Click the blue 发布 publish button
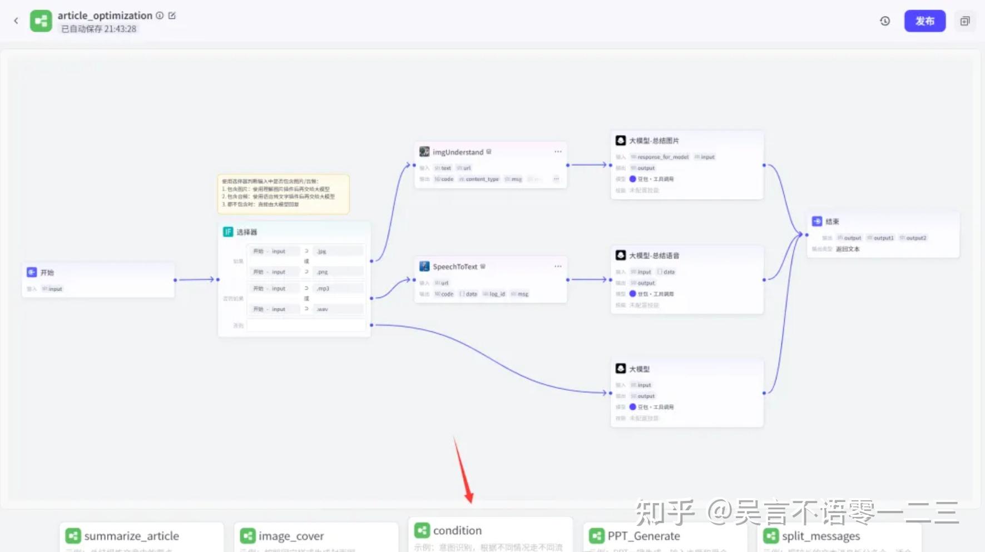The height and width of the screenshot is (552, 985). tap(924, 21)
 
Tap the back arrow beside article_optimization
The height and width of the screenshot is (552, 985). tap(16, 21)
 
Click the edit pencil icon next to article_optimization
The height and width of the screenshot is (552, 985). tap(172, 16)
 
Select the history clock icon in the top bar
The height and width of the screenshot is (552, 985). tap(885, 21)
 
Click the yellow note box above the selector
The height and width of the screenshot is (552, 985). tap(283, 193)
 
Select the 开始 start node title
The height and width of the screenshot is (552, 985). tap(47, 272)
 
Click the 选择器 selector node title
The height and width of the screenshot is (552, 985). tap(246, 232)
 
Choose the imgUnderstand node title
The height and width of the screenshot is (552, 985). tap(458, 152)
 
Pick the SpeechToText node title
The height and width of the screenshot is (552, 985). tap(455, 267)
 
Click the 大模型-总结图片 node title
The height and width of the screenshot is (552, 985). tap(654, 141)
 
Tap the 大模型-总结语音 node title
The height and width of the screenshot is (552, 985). tap(654, 256)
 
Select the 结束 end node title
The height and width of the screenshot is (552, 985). tap(832, 221)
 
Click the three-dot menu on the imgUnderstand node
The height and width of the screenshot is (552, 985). tap(558, 152)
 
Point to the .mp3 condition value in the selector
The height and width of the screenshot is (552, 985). tap(323, 289)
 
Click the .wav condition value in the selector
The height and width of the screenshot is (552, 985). tap(323, 309)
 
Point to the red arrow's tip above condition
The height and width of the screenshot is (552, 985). tap(471, 501)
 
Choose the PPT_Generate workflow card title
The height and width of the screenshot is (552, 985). tap(644, 536)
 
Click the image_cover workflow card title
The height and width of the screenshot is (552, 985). tap(291, 536)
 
